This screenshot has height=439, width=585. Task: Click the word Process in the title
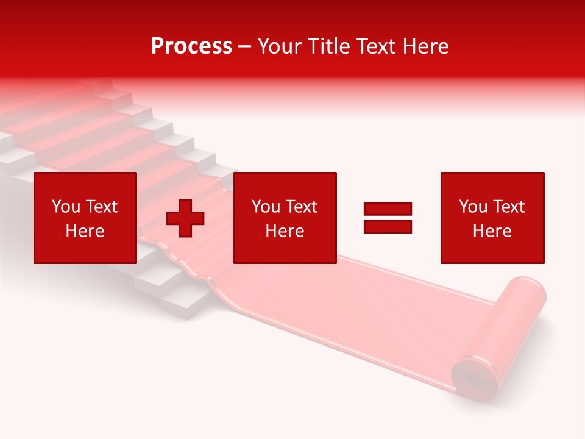click(x=191, y=46)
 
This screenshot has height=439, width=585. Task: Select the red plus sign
click(x=185, y=218)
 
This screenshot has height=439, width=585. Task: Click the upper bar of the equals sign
click(x=388, y=209)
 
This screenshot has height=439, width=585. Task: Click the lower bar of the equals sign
click(x=388, y=226)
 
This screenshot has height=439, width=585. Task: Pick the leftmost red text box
click(x=85, y=218)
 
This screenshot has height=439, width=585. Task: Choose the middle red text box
click(x=285, y=218)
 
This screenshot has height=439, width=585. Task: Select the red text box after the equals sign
click(x=492, y=218)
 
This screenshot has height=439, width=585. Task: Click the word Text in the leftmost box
click(x=101, y=207)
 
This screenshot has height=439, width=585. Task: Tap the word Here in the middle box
click(x=285, y=231)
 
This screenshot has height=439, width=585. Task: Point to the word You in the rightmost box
click(x=473, y=207)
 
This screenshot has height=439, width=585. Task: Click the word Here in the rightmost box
click(x=492, y=231)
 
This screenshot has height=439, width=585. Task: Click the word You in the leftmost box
click(x=66, y=207)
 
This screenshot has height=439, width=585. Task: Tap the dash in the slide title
click(x=245, y=46)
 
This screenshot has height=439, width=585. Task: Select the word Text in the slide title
click(x=377, y=46)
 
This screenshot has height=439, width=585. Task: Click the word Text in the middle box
click(x=301, y=207)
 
